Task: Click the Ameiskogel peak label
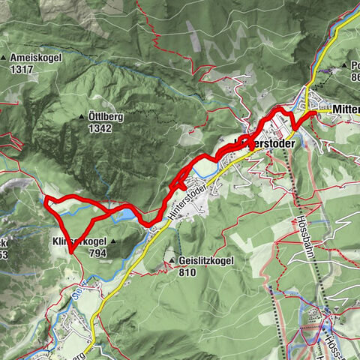(36, 57)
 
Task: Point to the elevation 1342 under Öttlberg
(99, 128)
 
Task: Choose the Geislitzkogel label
(207, 261)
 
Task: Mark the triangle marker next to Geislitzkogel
(172, 261)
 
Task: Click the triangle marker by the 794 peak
(113, 242)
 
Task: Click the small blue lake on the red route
(128, 214)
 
